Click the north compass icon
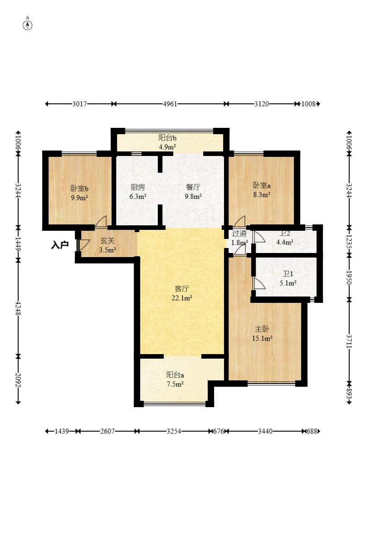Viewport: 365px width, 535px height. point(28,25)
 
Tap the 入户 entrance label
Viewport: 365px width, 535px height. point(60,245)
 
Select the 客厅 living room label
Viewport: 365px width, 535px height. point(182,289)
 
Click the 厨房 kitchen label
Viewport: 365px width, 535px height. point(138,187)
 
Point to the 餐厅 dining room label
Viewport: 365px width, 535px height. point(193,187)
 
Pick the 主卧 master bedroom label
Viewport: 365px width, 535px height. point(262,329)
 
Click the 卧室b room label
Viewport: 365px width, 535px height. point(79,188)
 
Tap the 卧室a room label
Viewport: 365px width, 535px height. point(262,185)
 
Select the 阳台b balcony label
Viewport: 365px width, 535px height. point(167,138)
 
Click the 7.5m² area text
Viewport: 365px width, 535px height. point(175,384)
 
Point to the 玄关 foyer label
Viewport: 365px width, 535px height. point(107,241)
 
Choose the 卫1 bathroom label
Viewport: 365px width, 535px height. point(288,274)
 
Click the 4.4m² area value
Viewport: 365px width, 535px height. point(285,242)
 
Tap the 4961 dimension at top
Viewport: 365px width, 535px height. point(170,104)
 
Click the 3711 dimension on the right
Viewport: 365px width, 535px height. point(349,341)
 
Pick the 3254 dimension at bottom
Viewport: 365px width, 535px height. point(174,431)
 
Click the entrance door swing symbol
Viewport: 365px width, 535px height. point(83,245)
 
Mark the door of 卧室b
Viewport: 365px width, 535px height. point(101,222)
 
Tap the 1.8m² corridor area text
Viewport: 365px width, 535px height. point(239,243)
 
